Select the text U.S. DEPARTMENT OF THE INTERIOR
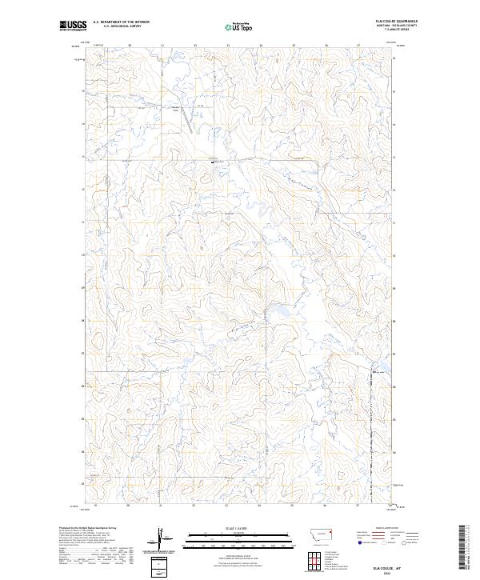point(121,22)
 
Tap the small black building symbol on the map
point(213,161)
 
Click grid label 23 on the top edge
point(228,46)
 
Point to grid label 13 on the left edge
point(82,157)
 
